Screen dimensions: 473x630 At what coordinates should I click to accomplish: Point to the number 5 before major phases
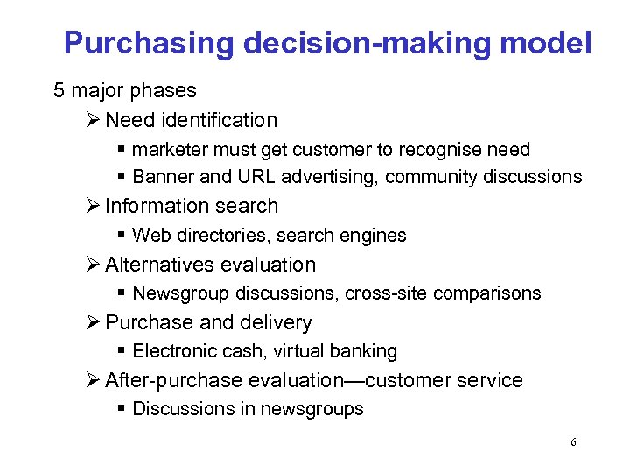coord(59,90)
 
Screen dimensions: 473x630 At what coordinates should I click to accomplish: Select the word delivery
coord(278,322)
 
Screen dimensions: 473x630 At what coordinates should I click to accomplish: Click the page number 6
coord(573,442)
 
